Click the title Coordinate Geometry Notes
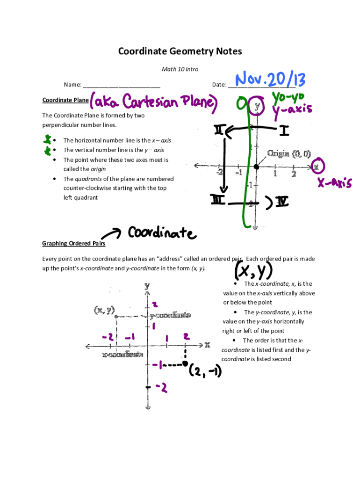point(180,51)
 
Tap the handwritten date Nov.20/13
point(271,80)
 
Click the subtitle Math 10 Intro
point(180,69)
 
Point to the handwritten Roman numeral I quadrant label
point(284,131)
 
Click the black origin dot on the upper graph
point(256,167)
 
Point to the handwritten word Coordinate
point(161,232)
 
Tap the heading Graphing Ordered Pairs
point(73,244)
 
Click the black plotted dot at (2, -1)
point(185,363)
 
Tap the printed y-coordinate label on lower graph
point(170,315)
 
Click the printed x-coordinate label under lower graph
point(122,355)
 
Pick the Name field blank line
point(122,85)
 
